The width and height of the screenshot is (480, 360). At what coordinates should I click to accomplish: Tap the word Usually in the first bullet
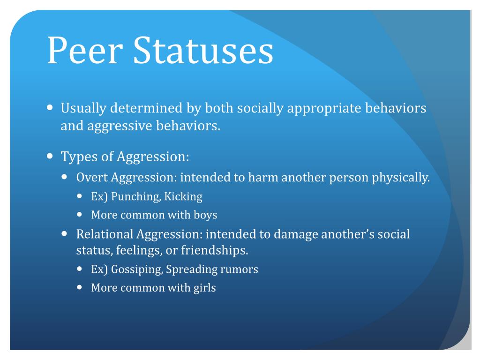(x=84, y=109)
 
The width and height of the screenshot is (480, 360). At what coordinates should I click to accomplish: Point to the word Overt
(x=92, y=178)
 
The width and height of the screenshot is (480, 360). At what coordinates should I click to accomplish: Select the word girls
(x=204, y=288)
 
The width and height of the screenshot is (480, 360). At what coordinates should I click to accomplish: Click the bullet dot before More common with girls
(x=80, y=287)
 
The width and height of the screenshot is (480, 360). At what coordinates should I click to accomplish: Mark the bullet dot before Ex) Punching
(x=80, y=196)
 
